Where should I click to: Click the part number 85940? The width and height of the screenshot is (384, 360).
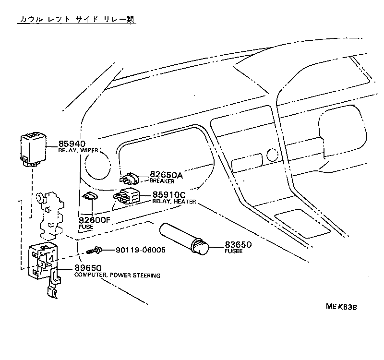tap(72, 144)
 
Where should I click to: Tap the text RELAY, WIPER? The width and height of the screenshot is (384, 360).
tap(78, 151)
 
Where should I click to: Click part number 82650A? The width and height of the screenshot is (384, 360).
tap(166, 175)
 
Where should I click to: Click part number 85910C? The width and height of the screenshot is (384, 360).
tap(169, 195)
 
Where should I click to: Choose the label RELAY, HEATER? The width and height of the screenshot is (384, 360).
tap(174, 202)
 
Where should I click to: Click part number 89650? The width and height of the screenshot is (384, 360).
tap(87, 268)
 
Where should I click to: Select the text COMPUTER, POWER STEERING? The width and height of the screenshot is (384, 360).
tap(117, 276)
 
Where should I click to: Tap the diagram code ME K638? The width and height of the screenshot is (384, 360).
tap(341, 307)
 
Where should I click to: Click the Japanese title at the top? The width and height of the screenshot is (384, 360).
tap(77, 20)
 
